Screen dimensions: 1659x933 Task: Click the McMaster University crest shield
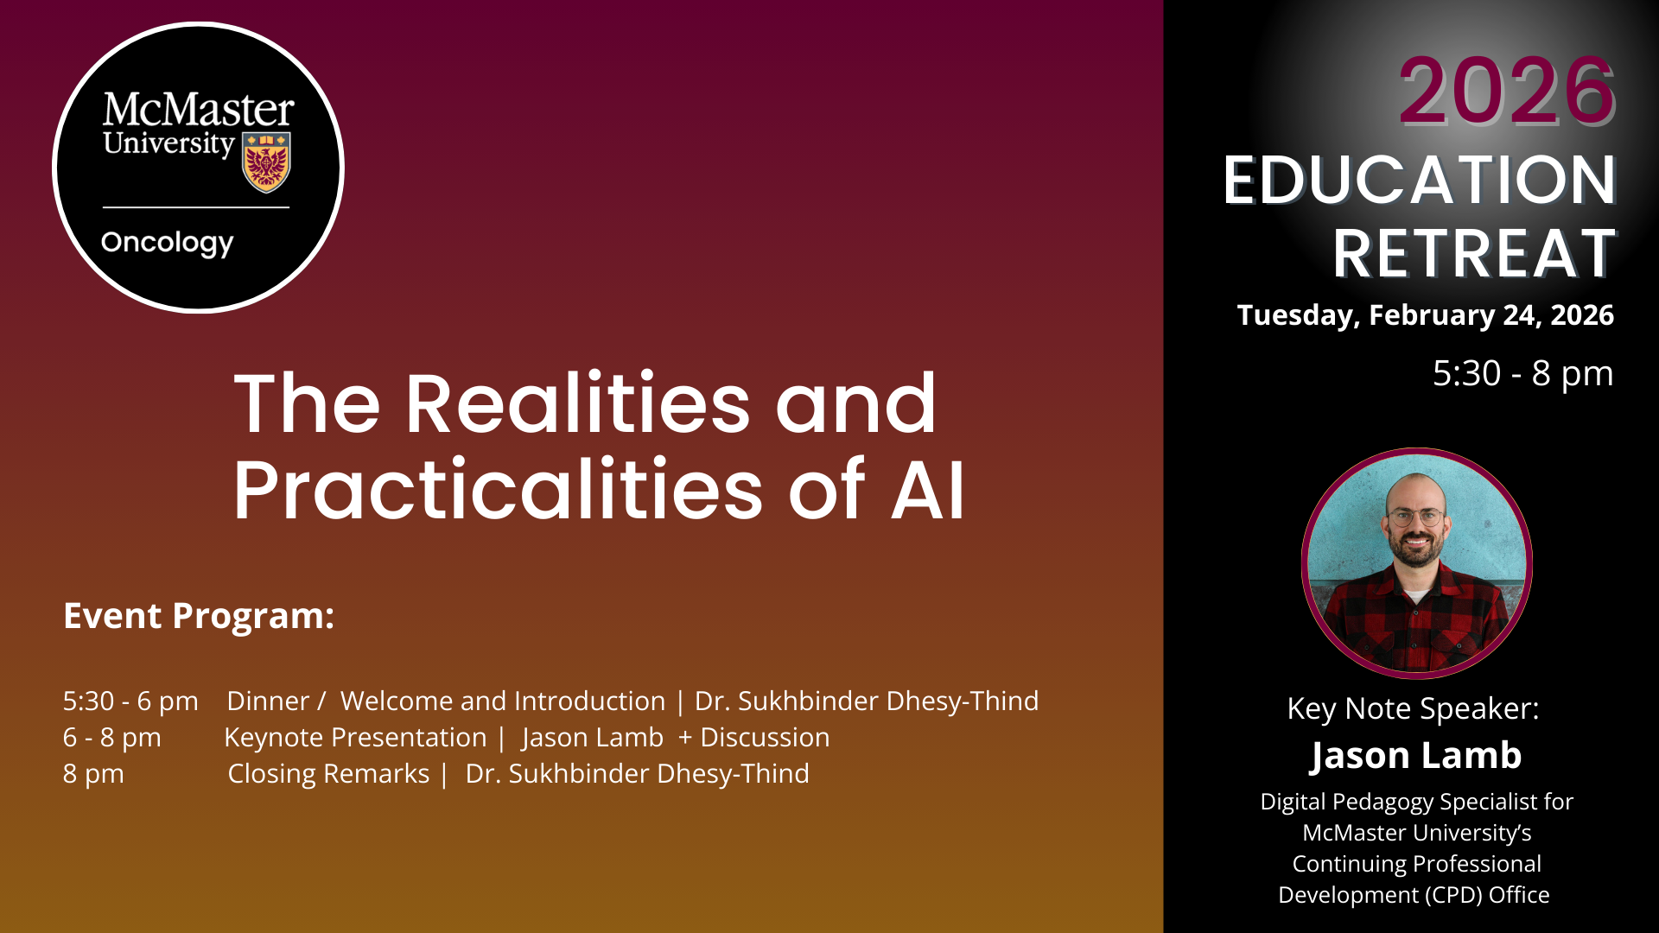(x=266, y=162)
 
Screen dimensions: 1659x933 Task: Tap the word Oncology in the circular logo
(x=168, y=244)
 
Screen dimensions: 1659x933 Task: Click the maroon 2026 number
(x=1507, y=91)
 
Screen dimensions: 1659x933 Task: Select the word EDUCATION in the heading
(x=1420, y=180)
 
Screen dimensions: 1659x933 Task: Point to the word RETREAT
(x=1474, y=254)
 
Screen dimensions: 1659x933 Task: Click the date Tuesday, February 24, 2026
(x=1426, y=315)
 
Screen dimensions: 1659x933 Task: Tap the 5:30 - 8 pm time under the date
(x=1523, y=373)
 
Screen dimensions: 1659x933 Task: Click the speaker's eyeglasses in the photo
(x=1415, y=517)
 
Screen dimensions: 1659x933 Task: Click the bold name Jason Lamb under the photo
(x=1415, y=756)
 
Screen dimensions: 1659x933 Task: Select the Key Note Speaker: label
(x=1414, y=709)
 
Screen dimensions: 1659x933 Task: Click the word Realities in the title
(x=578, y=403)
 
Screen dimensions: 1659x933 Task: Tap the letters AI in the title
(x=927, y=490)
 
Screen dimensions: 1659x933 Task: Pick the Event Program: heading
(x=199, y=617)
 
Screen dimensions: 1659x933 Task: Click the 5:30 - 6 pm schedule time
(x=130, y=701)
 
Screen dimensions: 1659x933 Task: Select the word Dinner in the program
(x=268, y=701)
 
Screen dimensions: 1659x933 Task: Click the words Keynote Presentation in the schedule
(x=355, y=738)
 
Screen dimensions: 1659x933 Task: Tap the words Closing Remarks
(x=328, y=774)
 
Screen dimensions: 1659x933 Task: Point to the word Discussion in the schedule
(x=765, y=738)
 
